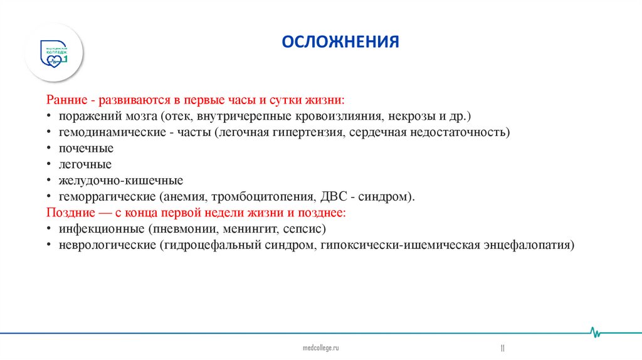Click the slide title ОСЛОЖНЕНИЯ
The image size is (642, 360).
340,42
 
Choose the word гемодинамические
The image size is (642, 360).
107,132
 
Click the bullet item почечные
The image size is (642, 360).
86,149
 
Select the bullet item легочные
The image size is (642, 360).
85,164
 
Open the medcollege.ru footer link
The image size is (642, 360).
320,347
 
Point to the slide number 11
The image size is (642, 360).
502,347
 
